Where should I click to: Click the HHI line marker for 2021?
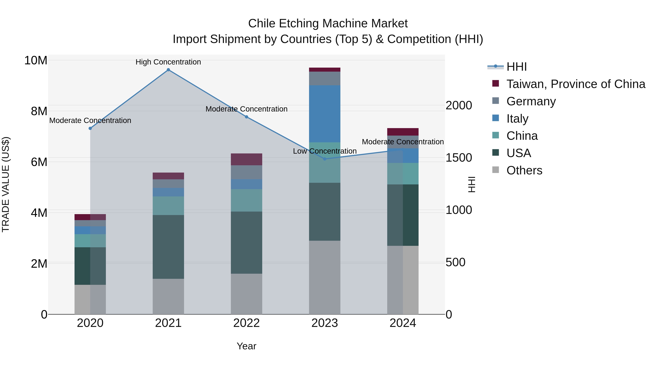(x=168, y=70)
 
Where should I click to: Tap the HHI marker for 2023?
(x=325, y=159)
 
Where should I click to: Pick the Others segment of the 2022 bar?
(x=247, y=294)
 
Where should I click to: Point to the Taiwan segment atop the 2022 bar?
(x=247, y=159)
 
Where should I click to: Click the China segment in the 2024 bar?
(x=403, y=174)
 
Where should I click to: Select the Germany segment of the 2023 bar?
(x=325, y=78)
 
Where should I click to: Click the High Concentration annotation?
(x=168, y=62)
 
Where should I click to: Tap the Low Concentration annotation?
(x=325, y=151)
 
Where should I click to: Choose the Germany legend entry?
(x=531, y=101)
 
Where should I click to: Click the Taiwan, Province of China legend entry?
(x=575, y=84)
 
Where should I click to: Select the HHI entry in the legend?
(x=516, y=67)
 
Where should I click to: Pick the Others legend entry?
(x=524, y=170)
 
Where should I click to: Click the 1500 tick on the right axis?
(x=459, y=158)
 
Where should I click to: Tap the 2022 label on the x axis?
(x=247, y=323)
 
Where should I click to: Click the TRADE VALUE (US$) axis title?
(x=6, y=184)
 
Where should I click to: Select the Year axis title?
(x=247, y=346)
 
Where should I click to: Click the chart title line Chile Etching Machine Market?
(x=328, y=24)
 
